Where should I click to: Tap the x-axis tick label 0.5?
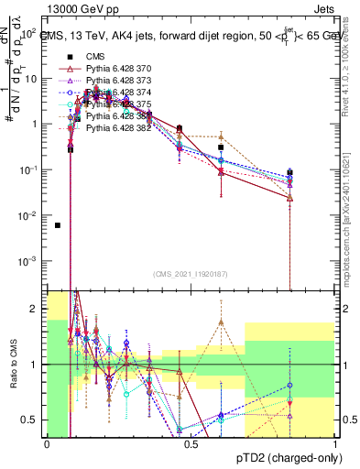(x=191, y=444)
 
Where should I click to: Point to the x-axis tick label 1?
(x=334, y=444)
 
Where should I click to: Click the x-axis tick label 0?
(x=47, y=444)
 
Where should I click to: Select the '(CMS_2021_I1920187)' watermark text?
(x=191, y=274)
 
